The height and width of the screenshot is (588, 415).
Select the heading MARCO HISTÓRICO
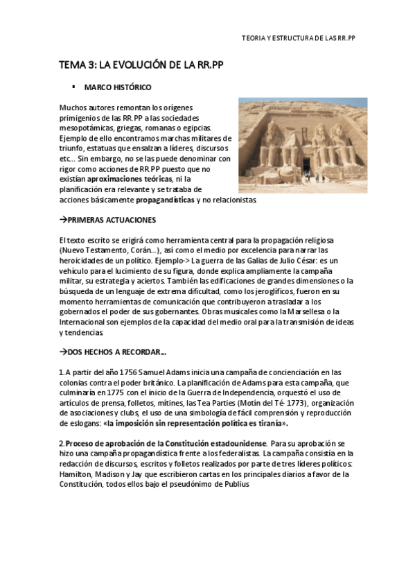118,87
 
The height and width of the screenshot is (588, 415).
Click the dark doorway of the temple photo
306,166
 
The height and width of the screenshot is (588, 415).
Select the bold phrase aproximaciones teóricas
134,179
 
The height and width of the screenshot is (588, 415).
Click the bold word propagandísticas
165,200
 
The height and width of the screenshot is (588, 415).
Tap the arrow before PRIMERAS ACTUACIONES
62,220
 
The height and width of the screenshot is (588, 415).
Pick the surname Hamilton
76,474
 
